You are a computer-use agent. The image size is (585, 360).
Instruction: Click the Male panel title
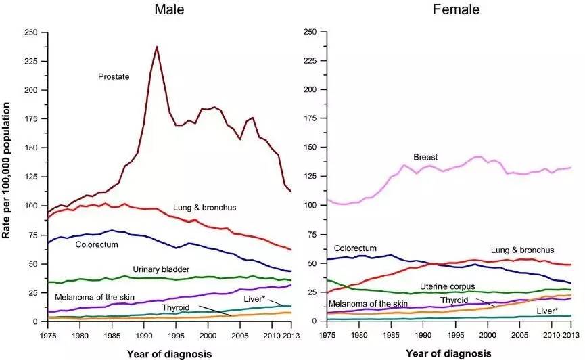coord(169,10)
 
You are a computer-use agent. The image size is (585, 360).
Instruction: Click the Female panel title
coord(456,10)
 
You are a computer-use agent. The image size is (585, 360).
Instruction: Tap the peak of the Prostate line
coord(157,47)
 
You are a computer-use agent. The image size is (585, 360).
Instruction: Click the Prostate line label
coord(114,77)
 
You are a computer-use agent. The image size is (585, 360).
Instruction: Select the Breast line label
coord(427,157)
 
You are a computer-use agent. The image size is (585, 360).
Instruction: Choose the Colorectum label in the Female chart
coord(355,248)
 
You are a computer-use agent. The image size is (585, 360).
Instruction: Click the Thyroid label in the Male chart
coord(175,308)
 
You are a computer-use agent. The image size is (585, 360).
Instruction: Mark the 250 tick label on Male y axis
coord(30,32)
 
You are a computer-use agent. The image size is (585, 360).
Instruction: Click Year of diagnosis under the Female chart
coord(450,353)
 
